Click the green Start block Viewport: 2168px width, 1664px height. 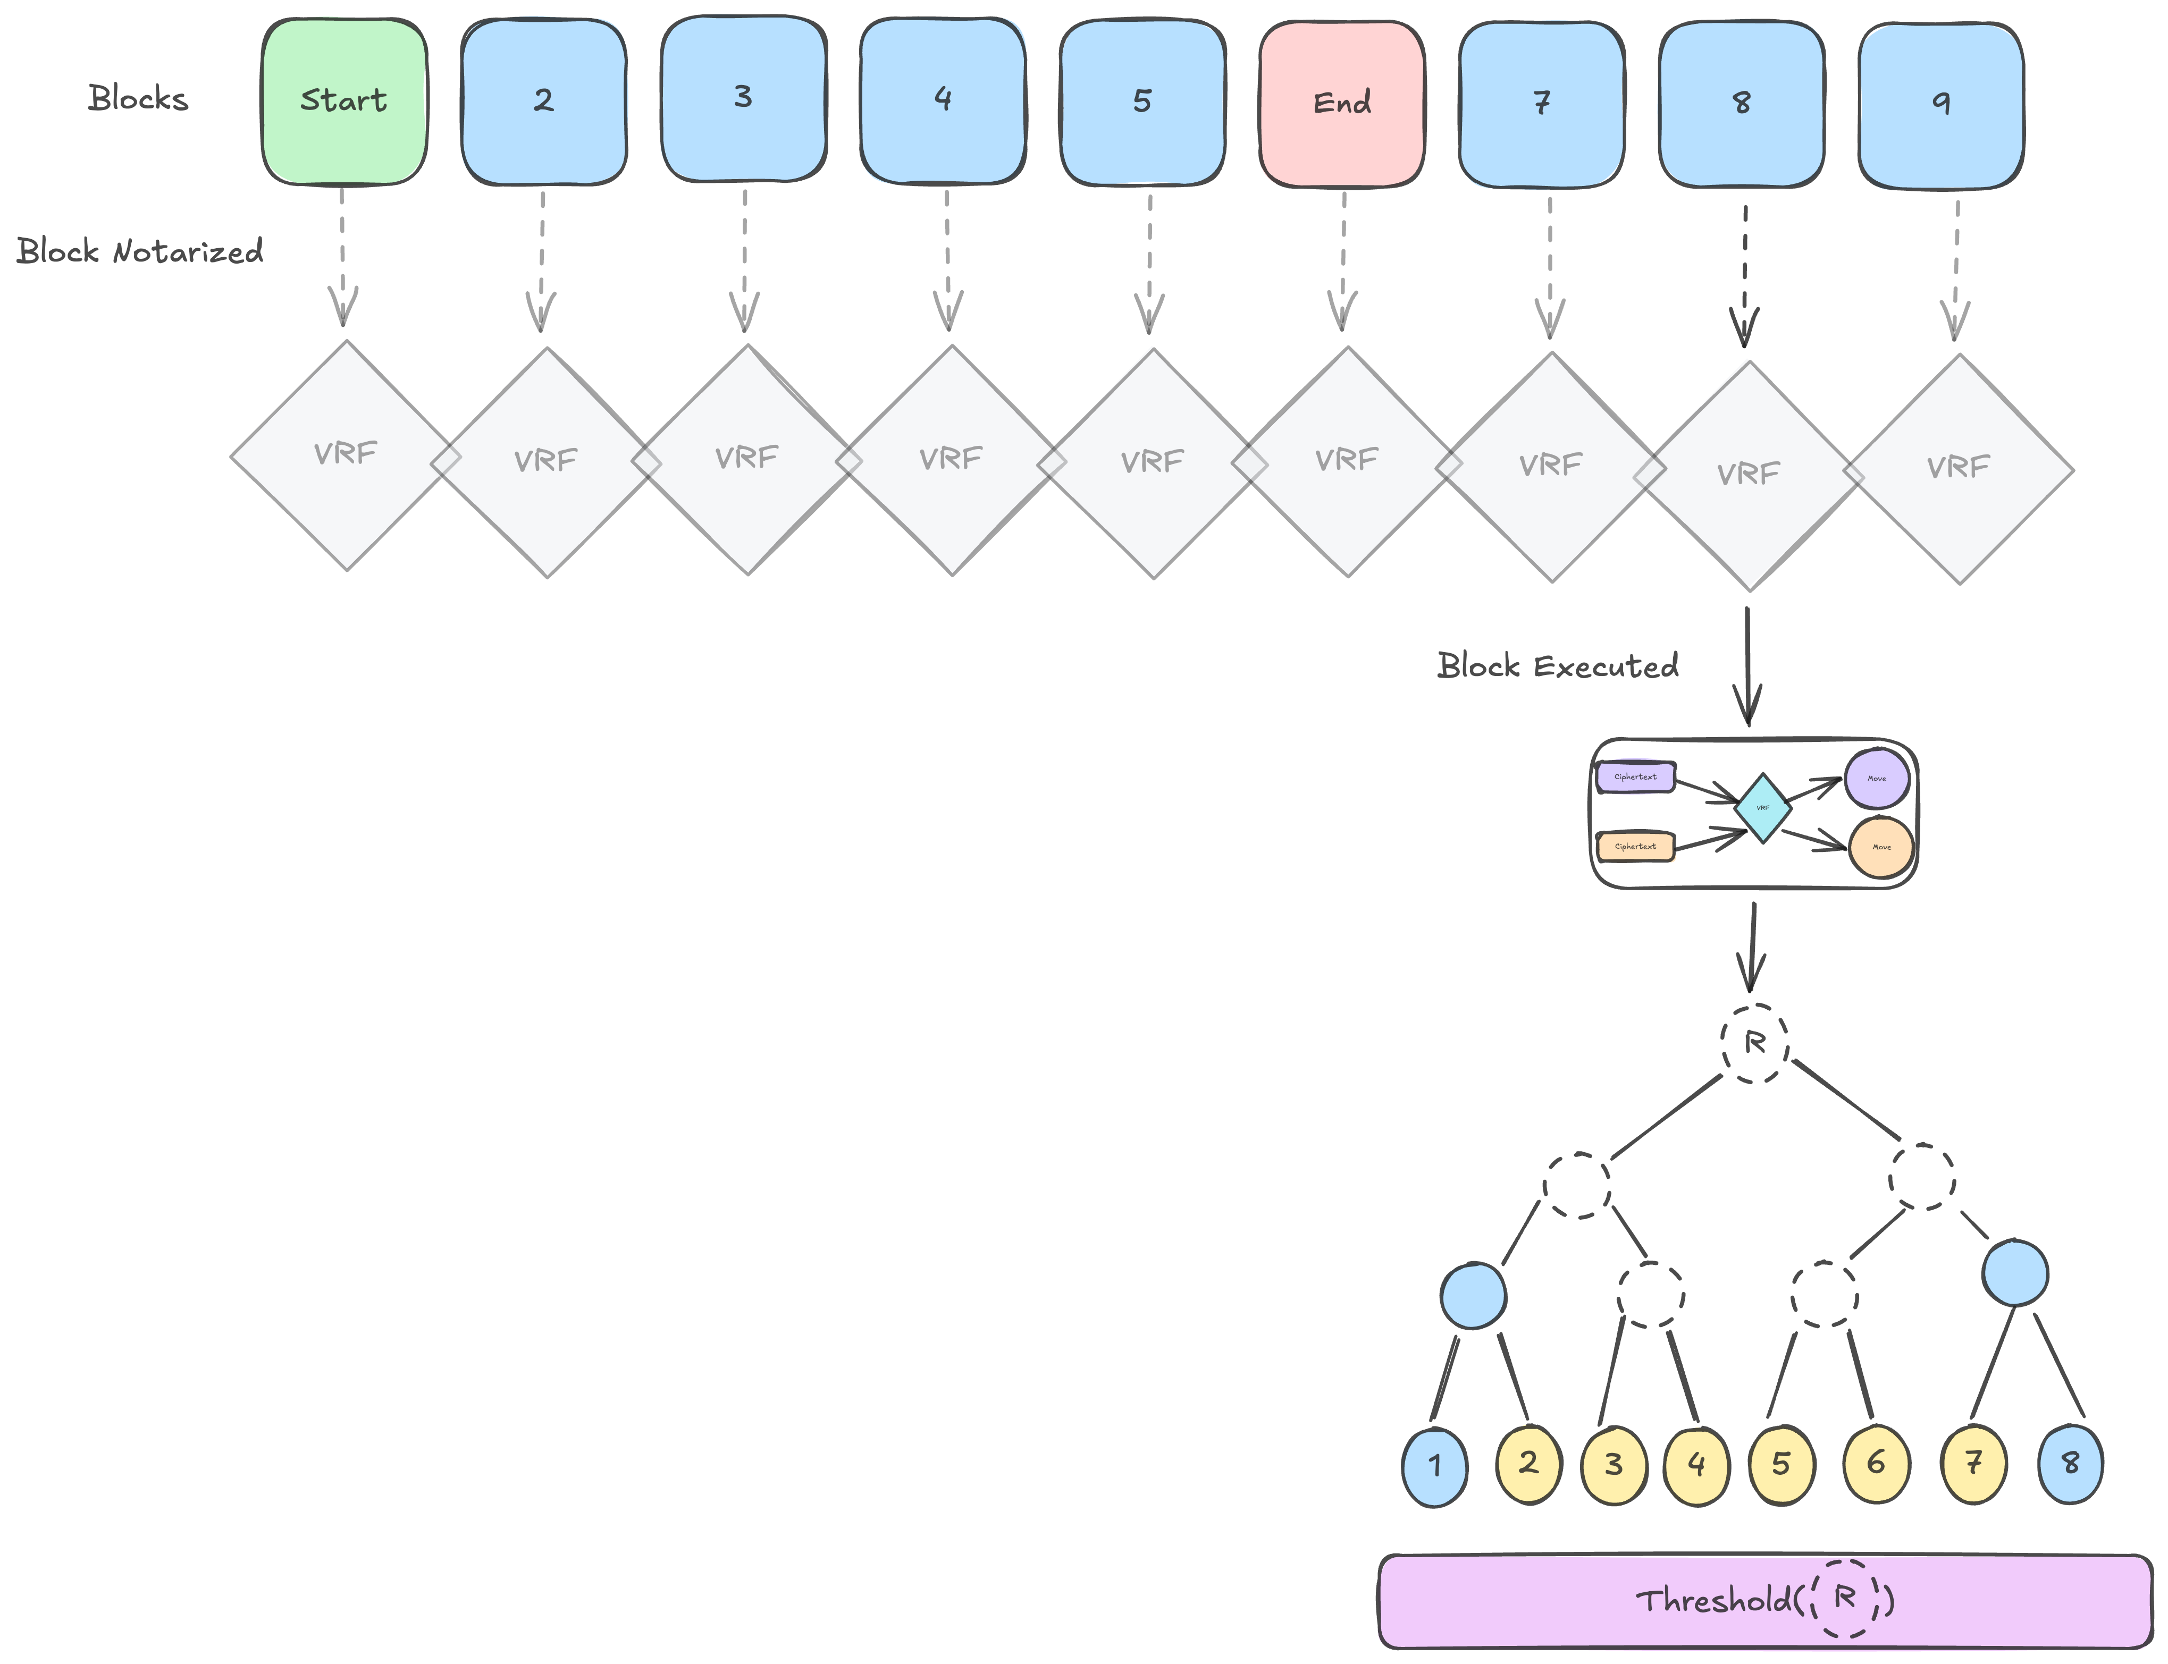click(344, 101)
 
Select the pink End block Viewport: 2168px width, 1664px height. click(1342, 103)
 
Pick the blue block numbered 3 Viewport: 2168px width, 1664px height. click(743, 98)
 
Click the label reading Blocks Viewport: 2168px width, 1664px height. click(138, 98)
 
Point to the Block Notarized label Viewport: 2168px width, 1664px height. click(140, 251)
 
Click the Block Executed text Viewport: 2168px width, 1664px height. click(1558, 665)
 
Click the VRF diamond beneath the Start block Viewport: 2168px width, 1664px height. click(346, 455)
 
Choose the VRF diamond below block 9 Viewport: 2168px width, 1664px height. click(1958, 469)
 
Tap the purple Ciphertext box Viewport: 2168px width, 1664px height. click(1635, 776)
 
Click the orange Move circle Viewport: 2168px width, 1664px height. click(1880, 847)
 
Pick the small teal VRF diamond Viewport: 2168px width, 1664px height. click(1763, 808)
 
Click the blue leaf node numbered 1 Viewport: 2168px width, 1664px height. click(1434, 1466)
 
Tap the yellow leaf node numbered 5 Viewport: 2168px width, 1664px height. click(1780, 1464)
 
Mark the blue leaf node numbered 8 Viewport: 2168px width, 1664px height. click(2070, 1463)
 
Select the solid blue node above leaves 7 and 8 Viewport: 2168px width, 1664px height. click(2014, 1273)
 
